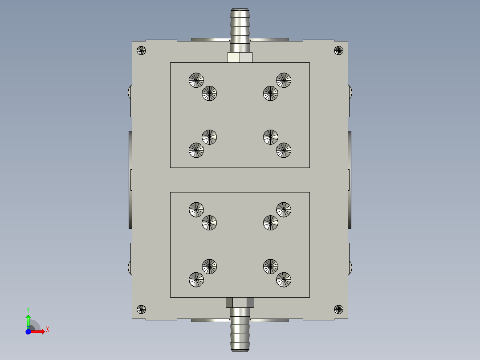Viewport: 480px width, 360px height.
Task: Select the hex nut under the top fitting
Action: (240, 57)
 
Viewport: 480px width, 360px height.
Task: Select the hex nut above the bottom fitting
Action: (240, 303)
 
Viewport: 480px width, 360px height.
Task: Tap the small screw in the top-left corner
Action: (141, 50)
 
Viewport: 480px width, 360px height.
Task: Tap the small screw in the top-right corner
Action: (338, 50)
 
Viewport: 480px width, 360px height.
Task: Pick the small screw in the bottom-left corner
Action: (141, 309)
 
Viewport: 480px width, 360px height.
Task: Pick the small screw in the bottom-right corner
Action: (338, 309)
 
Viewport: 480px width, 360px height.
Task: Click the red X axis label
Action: (47, 329)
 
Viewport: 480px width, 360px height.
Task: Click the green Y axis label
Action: (28, 309)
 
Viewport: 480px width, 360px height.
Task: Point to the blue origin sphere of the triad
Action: (28, 331)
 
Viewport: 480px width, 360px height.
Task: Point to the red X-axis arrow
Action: (39, 331)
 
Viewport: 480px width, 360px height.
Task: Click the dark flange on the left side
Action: (130, 180)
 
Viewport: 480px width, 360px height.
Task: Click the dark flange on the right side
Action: (350, 180)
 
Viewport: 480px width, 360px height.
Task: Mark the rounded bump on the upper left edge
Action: (130, 92)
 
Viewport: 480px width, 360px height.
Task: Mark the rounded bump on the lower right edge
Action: (350, 268)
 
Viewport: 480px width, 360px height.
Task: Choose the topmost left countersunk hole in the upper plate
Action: (196, 80)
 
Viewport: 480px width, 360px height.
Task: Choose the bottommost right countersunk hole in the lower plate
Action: (283, 279)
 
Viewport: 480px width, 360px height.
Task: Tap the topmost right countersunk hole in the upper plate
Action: (283, 80)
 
